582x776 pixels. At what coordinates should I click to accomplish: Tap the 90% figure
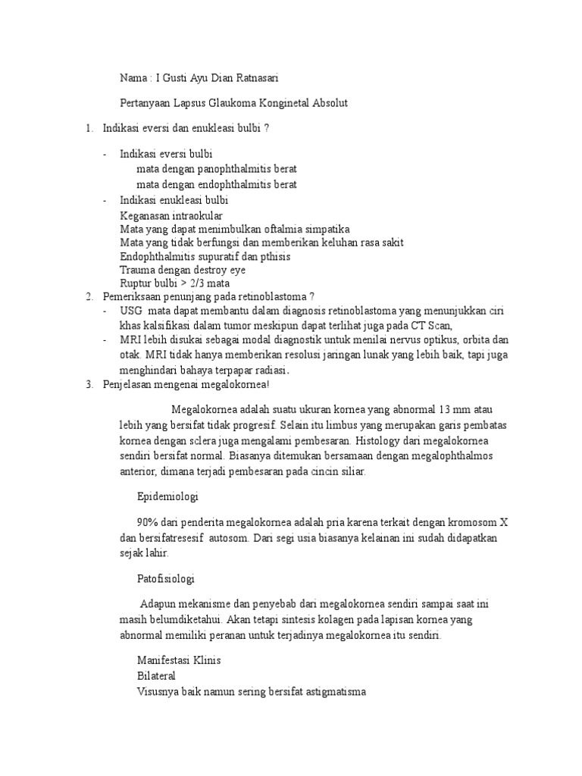pos(146,523)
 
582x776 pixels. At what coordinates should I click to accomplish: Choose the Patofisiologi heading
pos(166,579)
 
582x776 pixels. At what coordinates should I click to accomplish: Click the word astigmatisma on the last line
pos(335,691)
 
